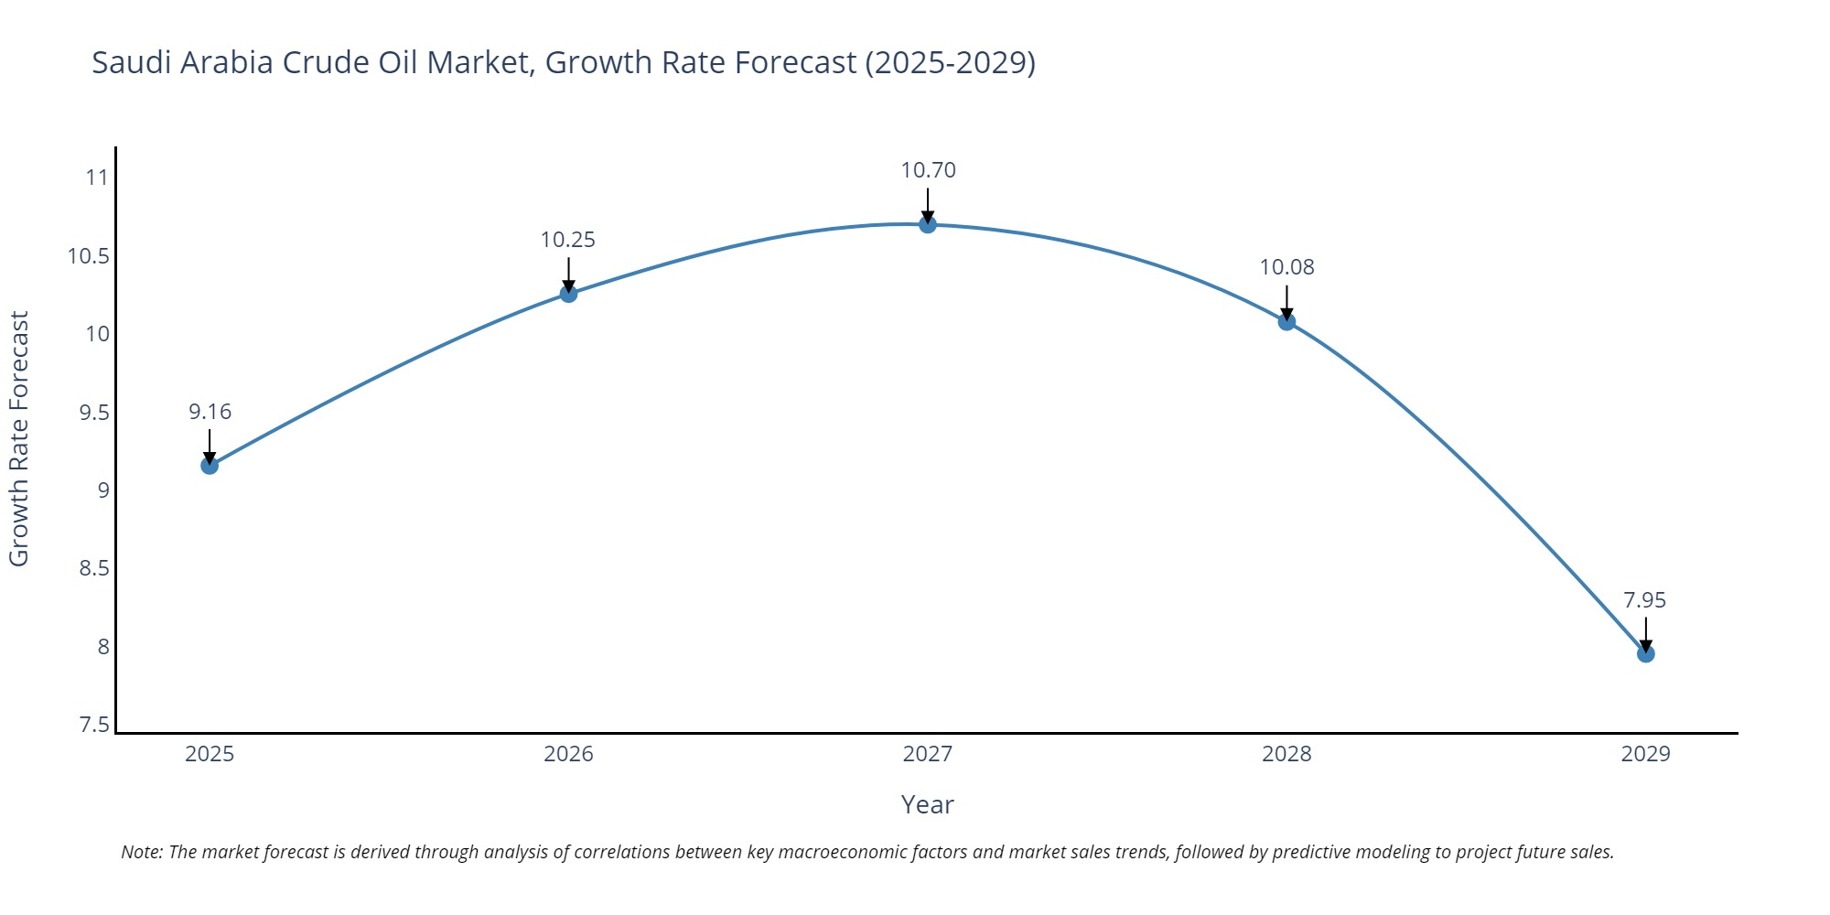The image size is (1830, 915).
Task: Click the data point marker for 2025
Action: click(210, 466)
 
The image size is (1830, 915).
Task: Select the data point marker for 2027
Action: click(928, 224)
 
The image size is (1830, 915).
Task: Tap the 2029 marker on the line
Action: click(1645, 653)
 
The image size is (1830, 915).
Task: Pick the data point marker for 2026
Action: click(568, 294)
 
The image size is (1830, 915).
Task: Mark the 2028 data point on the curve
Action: click(1286, 321)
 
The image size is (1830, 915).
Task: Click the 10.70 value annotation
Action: click(928, 170)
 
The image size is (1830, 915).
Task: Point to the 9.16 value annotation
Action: click(210, 412)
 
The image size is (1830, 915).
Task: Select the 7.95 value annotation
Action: click(1644, 600)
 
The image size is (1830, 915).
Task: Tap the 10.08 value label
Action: click(1286, 267)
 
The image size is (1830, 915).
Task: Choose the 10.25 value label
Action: click(567, 240)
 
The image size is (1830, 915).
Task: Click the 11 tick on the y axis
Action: click(97, 178)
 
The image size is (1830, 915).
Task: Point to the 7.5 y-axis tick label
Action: click(93, 726)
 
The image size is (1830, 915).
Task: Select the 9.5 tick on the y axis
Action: click(93, 413)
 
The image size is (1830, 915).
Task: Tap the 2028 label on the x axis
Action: click(1286, 754)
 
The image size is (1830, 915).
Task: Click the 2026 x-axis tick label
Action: click(568, 754)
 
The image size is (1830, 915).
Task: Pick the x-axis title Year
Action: click(927, 804)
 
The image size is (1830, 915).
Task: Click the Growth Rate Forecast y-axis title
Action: click(19, 438)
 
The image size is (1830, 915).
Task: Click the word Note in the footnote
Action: click(141, 852)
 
